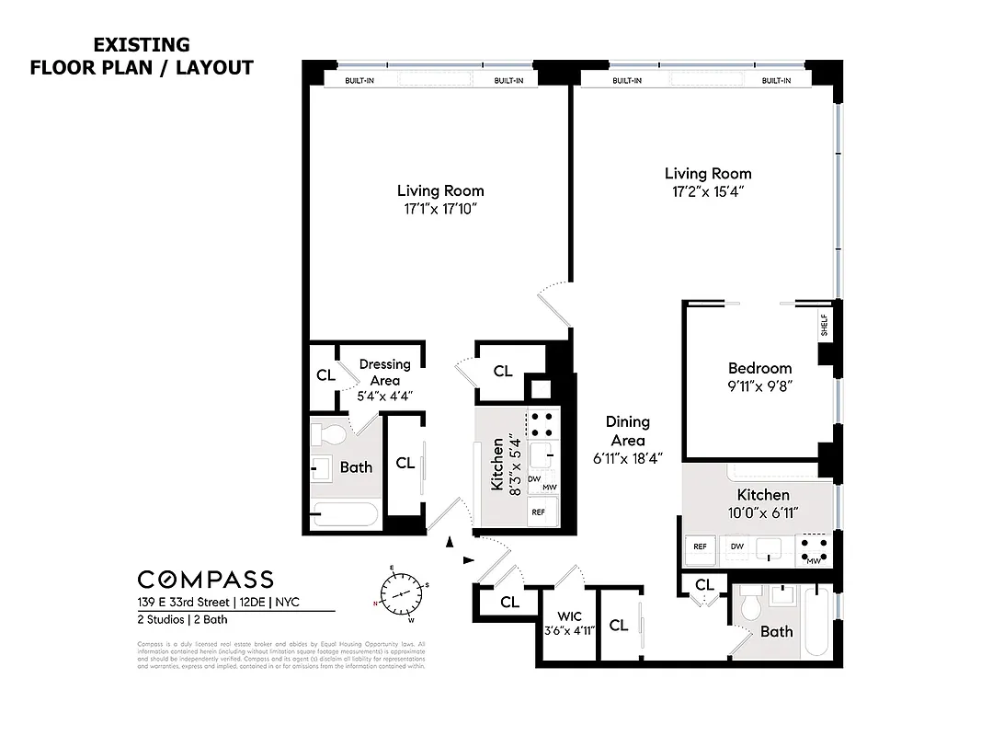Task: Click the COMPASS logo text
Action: [x=205, y=579]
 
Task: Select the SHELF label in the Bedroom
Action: [x=824, y=326]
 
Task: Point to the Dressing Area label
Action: [x=384, y=372]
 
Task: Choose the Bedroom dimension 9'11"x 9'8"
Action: [x=759, y=386]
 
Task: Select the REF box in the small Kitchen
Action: [x=538, y=512]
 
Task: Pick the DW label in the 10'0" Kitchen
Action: [x=736, y=546]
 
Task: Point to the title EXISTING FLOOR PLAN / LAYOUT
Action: [x=142, y=56]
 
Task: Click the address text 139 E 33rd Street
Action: [x=180, y=604]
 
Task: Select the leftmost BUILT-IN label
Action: [x=359, y=81]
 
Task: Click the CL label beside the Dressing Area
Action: [x=325, y=375]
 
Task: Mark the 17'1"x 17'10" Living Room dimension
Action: [x=440, y=209]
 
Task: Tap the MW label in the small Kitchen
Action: [x=549, y=488]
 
